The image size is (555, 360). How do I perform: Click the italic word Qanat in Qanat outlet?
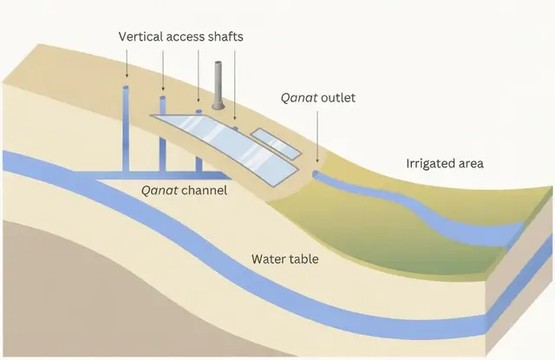(x=299, y=98)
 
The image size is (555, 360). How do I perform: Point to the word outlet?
(x=338, y=97)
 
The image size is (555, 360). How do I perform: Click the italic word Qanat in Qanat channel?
(x=160, y=191)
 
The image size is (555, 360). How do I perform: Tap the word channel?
(x=205, y=191)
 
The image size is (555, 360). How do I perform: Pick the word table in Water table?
(x=304, y=259)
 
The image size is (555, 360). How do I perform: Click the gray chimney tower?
(x=218, y=85)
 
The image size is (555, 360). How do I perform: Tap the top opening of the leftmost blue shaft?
(x=126, y=87)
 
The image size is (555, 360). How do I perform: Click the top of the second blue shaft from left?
(x=163, y=98)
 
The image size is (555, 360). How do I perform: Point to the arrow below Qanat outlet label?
(x=317, y=137)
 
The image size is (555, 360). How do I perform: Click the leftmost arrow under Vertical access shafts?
(x=127, y=63)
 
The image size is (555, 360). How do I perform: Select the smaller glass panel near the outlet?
(x=276, y=143)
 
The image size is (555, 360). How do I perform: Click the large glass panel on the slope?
(x=224, y=149)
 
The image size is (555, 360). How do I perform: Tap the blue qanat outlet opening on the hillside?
(x=315, y=173)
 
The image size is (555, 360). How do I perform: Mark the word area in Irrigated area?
(x=471, y=164)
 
